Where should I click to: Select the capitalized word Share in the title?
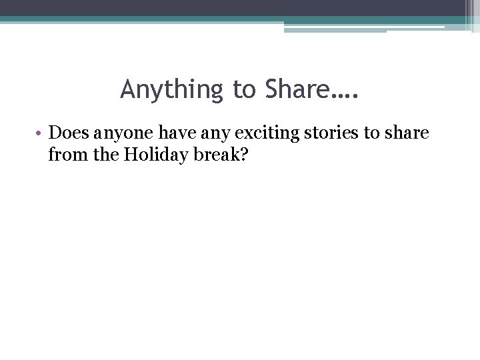(295, 89)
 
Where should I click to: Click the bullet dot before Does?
(40, 133)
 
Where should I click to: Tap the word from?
(65, 155)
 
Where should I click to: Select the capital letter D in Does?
(55, 133)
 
